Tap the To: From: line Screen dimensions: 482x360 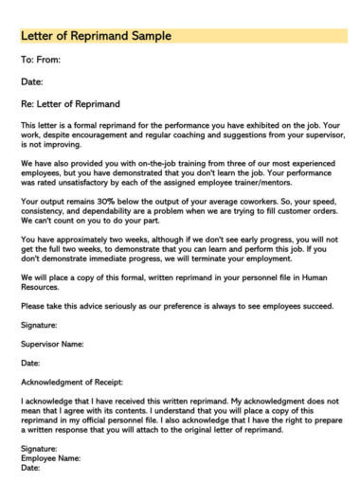(x=41, y=60)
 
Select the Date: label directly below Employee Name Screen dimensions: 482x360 (x=30, y=467)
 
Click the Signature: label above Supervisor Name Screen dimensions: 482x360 (x=39, y=325)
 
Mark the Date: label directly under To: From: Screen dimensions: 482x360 (x=32, y=81)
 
